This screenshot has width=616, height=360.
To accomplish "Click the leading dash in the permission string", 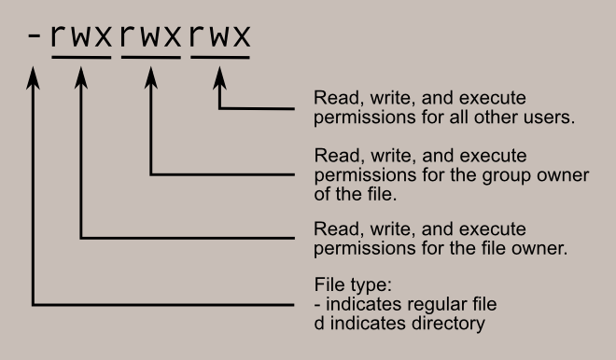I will pyautogui.click(x=34, y=39).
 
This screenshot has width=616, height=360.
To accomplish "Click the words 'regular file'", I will pyautogui.click(x=438, y=305).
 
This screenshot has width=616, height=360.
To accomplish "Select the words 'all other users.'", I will pyautogui.click(x=512, y=118).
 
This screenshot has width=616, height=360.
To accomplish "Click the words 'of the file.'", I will pyautogui.click(x=353, y=195).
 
